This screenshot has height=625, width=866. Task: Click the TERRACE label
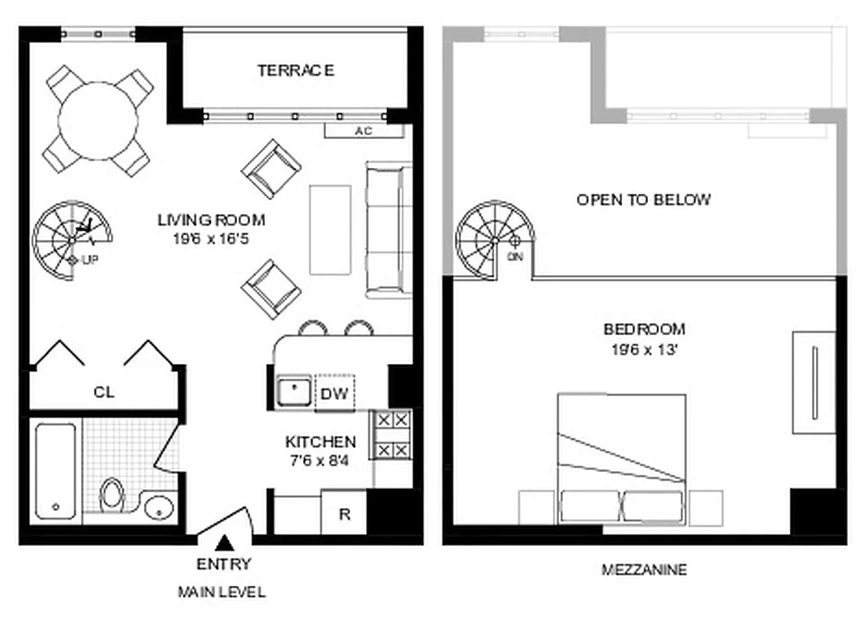[x=296, y=70]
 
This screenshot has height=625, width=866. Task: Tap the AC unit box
[x=363, y=131]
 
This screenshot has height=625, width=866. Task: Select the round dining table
[x=98, y=121]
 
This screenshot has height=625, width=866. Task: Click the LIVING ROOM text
[x=211, y=220]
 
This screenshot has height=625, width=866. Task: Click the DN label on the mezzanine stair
[x=514, y=256]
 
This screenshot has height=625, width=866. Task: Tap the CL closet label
[x=104, y=392]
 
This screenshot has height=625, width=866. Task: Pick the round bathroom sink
[x=159, y=508]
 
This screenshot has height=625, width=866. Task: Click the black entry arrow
[x=224, y=541]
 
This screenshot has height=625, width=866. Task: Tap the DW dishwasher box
[x=334, y=394]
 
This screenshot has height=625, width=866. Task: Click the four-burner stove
[x=392, y=435]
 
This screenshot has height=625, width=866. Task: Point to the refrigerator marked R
[x=344, y=513]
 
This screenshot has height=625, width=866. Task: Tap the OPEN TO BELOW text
[x=644, y=199]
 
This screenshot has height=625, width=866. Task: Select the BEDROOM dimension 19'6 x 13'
[x=644, y=350]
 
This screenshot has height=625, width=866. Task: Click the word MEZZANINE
[x=644, y=570]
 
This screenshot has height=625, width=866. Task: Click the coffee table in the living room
[x=330, y=229]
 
